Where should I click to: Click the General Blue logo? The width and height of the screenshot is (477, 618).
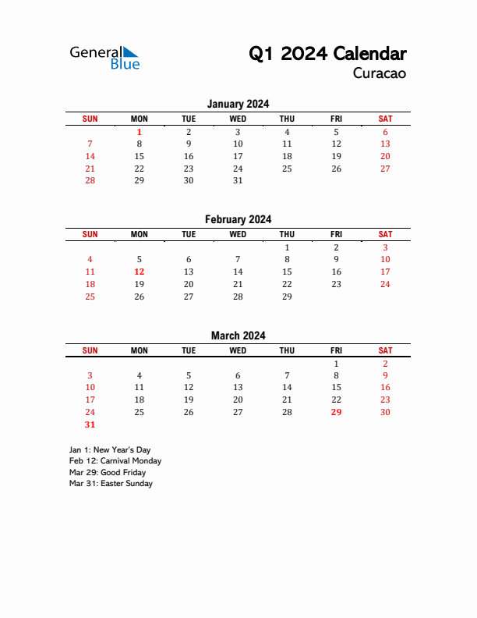(104, 57)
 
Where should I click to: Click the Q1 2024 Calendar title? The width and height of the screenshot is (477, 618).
(327, 54)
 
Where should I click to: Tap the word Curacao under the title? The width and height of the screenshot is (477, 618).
(380, 74)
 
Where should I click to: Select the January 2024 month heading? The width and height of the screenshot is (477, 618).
(238, 104)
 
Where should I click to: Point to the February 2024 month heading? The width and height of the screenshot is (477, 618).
(238, 219)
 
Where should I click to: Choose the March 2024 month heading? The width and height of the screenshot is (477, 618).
(238, 336)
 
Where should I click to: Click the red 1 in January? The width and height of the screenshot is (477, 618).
(140, 132)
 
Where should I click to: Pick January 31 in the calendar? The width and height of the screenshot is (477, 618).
(238, 180)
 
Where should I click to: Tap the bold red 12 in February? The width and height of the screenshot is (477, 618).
(140, 272)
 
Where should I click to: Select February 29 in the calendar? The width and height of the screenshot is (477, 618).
(287, 297)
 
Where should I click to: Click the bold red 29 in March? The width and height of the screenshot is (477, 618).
(336, 412)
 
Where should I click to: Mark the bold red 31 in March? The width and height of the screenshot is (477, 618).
(90, 424)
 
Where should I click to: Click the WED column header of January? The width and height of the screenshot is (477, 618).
(238, 119)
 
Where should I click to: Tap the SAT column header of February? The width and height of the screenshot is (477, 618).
(385, 234)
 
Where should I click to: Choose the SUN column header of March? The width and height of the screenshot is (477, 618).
(90, 350)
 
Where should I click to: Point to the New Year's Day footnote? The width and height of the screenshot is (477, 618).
(110, 450)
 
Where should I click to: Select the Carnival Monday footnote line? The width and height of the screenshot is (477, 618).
(115, 461)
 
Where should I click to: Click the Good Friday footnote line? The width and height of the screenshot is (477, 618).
(108, 472)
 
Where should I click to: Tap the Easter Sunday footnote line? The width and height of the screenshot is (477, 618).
(111, 483)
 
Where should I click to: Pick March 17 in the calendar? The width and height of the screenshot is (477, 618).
(90, 400)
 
